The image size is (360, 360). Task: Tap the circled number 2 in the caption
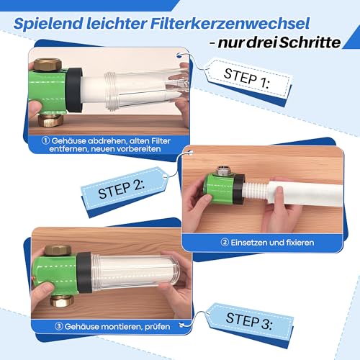point(225,243)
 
